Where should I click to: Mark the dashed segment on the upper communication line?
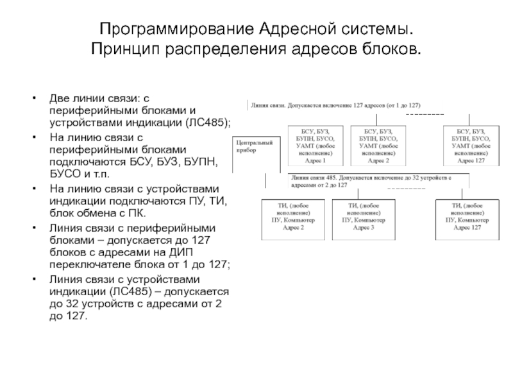425,114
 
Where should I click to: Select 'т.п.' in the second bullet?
99,174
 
